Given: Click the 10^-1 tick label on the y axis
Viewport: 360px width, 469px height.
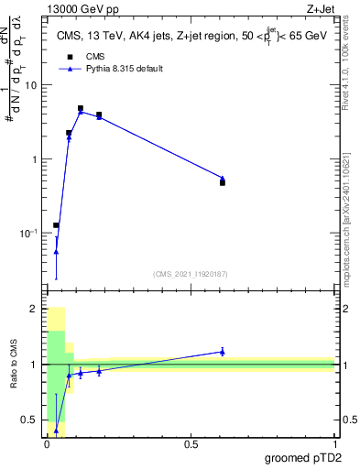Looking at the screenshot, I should click(x=27, y=234).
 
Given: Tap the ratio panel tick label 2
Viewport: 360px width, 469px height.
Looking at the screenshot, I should click(x=35, y=310).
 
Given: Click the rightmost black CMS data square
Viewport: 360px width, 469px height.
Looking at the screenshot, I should click(x=223, y=182).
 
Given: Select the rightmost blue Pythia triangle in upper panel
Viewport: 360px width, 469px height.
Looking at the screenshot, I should click(x=223, y=178).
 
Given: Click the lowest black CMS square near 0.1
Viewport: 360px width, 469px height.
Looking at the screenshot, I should click(x=56, y=224).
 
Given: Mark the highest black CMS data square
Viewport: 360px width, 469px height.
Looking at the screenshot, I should click(x=81, y=108).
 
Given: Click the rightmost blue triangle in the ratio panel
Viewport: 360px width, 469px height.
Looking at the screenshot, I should click(x=223, y=351).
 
